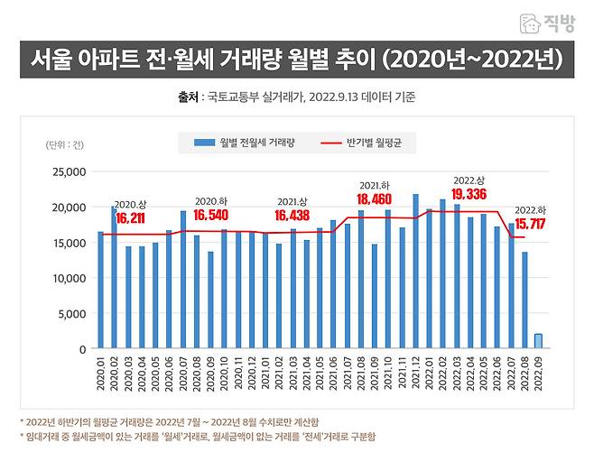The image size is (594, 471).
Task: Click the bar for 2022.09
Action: click(x=539, y=341)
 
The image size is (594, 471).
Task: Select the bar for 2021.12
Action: click(x=415, y=271)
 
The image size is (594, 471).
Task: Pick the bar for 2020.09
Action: click(x=210, y=300)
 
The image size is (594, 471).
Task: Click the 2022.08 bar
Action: click(x=525, y=300)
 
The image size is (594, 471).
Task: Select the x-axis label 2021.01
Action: click(x=265, y=378)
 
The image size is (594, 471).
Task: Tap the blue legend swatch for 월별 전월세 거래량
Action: click(x=203, y=143)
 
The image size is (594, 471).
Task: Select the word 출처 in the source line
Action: click(x=188, y=97)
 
